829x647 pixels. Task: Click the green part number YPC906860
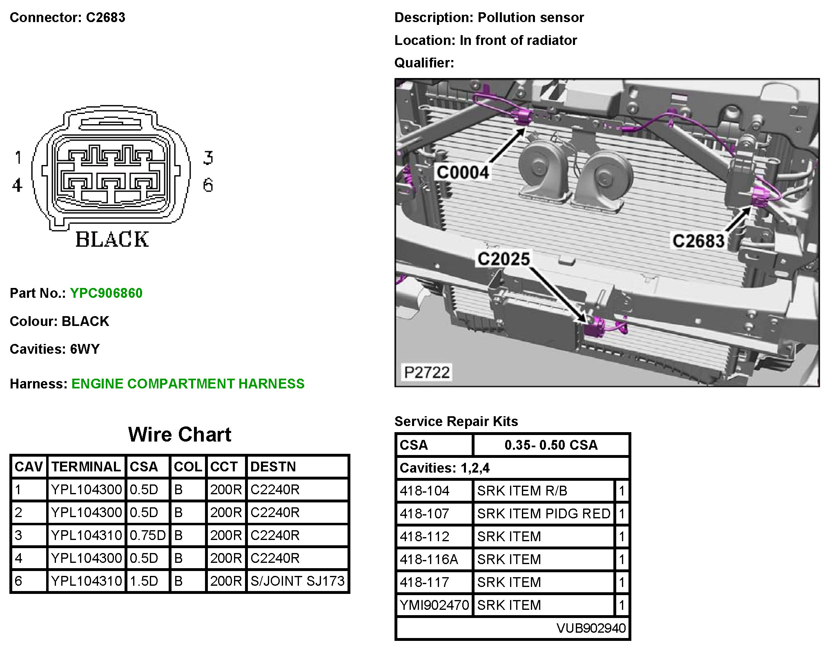coord(106,293)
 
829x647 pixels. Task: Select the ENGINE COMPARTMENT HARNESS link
coord(188,384)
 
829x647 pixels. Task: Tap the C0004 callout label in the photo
coord(462,172)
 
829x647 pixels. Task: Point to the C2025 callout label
coord(503,259)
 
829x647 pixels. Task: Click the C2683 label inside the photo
coord(698,241)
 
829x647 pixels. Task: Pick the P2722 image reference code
coord(427,372)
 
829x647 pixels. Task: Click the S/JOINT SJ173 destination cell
coord(297,581)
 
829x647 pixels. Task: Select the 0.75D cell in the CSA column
coord(147,535)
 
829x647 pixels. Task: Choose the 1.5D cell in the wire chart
coord(144,581)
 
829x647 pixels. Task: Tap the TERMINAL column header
coord(86,466)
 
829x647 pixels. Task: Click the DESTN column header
coord(273,466)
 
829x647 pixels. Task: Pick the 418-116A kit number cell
coord(429,559)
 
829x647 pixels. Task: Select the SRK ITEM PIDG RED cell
coord(544,513)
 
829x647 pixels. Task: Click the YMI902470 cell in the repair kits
coord(435,605)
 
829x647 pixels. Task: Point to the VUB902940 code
coord(591,628)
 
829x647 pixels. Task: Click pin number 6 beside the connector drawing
coord(208,185)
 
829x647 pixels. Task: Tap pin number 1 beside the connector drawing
coord(18,158)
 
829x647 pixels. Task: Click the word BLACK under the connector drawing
coord(112,240)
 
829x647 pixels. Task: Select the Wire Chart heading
coord(180,435)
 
